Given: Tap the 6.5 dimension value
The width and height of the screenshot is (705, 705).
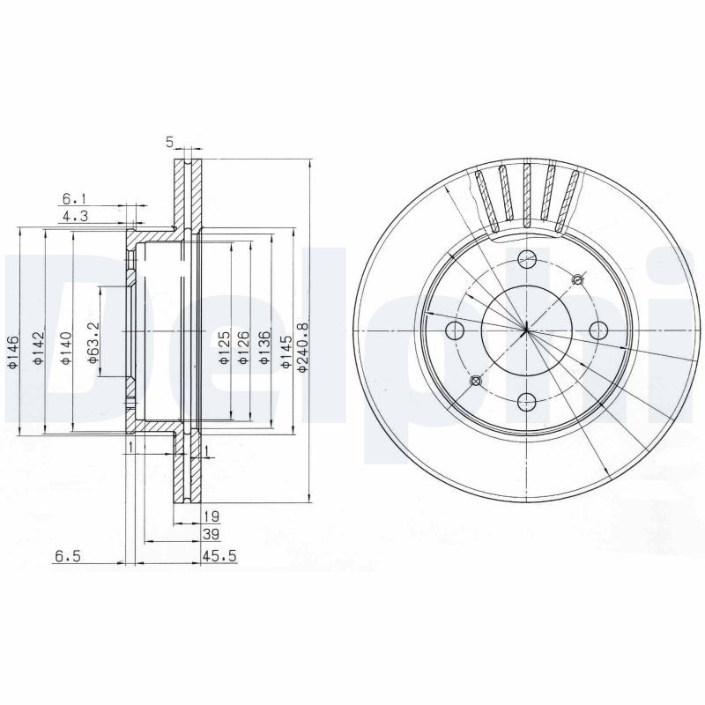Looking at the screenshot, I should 67,556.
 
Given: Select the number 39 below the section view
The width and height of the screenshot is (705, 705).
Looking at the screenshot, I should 211,534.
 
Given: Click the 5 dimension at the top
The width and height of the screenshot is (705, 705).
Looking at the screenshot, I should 169,141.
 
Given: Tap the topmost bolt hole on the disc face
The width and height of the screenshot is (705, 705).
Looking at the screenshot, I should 527,259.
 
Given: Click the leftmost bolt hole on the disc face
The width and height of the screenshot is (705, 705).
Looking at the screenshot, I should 456,331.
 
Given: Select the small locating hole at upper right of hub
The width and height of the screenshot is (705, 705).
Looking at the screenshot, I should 577,280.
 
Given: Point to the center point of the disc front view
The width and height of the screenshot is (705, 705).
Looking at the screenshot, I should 526,330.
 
